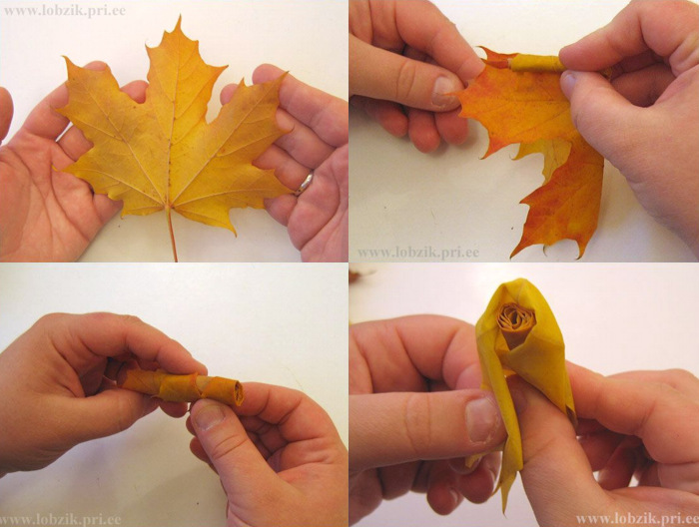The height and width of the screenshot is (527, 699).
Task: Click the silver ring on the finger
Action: (305, 183)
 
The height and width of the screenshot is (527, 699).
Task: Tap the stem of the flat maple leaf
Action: (172, 233)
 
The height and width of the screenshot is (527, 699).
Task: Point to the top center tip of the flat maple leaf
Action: (180, 17)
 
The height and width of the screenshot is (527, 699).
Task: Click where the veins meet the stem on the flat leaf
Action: (168, 207)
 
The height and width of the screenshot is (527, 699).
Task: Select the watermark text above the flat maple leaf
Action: (65, 11)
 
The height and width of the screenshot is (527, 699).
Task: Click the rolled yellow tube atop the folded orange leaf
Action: (534, 63)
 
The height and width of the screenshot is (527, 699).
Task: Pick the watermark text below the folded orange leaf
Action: (418, 254)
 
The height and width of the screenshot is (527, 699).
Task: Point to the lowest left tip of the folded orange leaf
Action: (512, 258)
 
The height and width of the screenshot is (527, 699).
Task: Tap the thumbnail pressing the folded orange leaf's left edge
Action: (444, 92)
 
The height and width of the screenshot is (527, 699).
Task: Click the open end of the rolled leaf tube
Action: (238, 393)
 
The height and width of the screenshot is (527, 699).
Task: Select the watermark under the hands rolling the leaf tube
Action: (61, 520)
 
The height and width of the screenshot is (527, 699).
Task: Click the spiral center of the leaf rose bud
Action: (516, 320)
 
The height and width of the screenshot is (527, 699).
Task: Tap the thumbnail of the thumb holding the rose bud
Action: (483, 419)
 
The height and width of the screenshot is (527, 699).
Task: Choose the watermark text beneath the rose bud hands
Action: (637, 519)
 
